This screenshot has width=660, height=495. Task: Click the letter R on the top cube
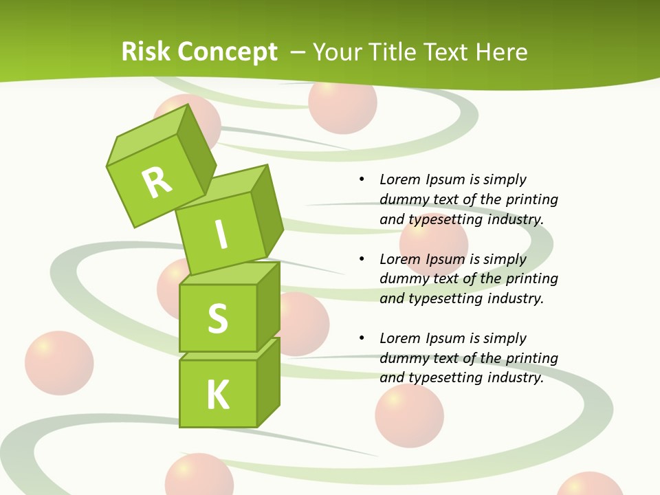click(157, 182)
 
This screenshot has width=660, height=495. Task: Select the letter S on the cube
click(217, 318)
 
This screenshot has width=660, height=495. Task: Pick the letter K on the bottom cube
click(218, 395)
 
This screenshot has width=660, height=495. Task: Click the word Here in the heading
click(502, 52)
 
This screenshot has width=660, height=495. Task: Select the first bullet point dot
click(362, 179)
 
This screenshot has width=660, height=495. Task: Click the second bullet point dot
click(362, 259)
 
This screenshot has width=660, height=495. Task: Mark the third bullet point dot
click(362, 338)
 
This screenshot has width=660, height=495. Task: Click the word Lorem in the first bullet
click(399, 179)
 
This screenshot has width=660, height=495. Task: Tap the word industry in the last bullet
click(516, 377)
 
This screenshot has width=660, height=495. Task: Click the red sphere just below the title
click(342, 104)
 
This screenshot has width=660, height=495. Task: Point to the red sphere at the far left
click(59, 363)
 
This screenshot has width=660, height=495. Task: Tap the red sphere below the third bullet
click(409, 415)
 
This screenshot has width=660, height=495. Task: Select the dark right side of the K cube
click(268, 385)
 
